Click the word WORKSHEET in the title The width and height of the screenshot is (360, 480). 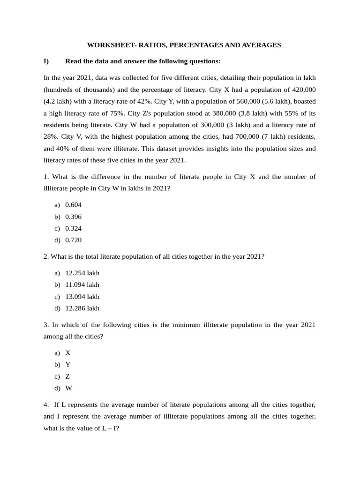click(107, 45)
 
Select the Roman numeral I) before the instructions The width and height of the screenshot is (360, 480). click(46, 61)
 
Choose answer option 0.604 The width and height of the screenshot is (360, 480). click(74, 205)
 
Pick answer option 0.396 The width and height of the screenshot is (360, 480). click(74, 217)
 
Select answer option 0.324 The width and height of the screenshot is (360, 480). click(74, 228)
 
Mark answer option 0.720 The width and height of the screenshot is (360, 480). click(74, 240)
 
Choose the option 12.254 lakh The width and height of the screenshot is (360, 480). click(82, 273)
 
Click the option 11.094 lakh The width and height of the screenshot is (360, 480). click(82, 285)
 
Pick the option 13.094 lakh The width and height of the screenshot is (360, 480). click(82, 296)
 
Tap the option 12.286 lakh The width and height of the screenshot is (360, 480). click(82, 308)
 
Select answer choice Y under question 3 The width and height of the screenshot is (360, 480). click(68, 364)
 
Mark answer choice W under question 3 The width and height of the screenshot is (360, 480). click(68, 388)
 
